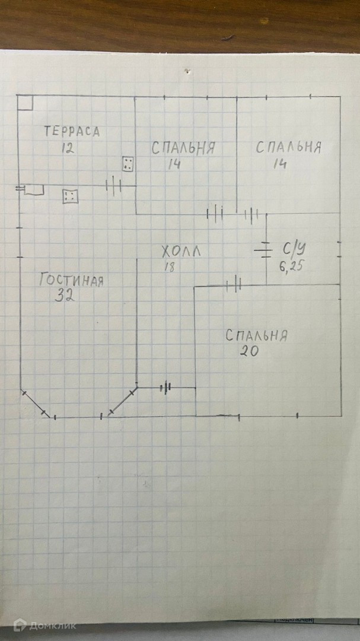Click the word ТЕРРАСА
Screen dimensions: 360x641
(x=72, y=132)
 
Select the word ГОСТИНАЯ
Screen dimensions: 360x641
(x=71, y=280)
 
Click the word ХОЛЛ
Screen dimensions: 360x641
(x=181, y=252)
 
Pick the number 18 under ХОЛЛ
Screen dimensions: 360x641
(x=170, y=267)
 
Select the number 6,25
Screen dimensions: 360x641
(x=292, y=266)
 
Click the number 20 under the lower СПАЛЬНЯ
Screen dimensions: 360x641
(x=249, y=350)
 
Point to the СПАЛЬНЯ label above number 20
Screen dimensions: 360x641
(x=256, y=335)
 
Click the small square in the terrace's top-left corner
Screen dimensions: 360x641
(x=25, y=103)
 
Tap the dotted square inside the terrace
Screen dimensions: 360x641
(x=128, y=164)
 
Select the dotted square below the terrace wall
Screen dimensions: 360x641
(x=70, y=195)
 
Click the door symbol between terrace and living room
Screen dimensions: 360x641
(x=113, y=186)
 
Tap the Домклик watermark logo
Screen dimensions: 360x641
(x=44, y=625)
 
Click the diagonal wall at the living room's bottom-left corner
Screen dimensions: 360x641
(x=36, y=404)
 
